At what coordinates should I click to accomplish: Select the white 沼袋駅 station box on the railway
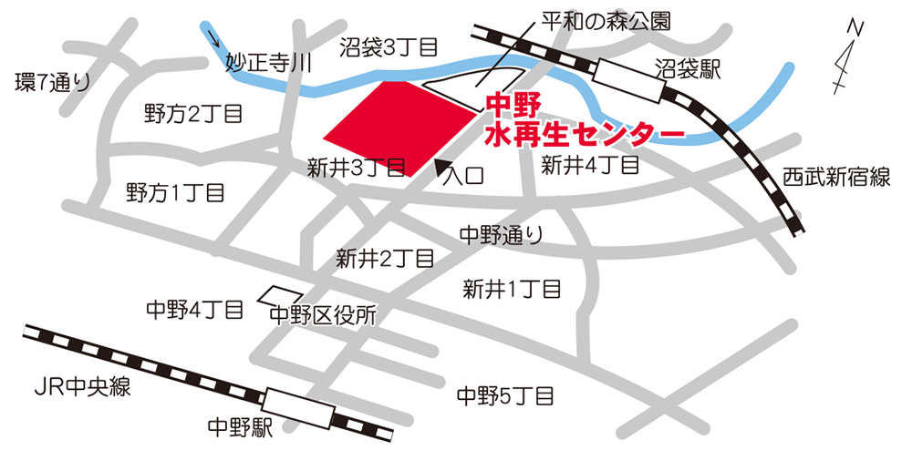click(628, 77)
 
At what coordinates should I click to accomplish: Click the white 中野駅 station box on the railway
click(297, 406)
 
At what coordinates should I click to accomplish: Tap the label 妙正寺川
click(268, 63)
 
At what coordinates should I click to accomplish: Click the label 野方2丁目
click(193, 113)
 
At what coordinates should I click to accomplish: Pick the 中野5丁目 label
click(505, 395)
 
